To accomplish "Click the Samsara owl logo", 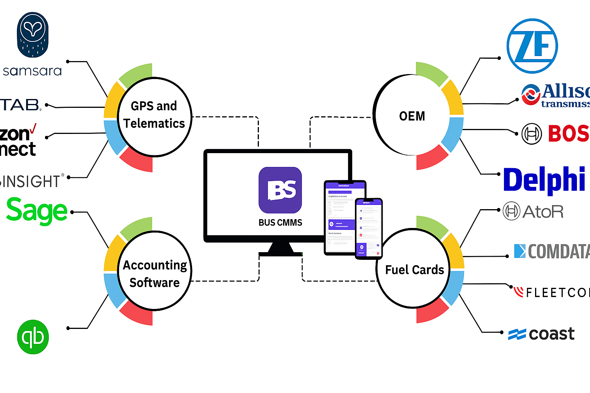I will click(x=33, y=35).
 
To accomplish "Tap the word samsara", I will click(x=32, y=71).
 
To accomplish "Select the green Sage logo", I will click(x=37, y=211).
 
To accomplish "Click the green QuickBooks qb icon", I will click(x=33, y=337).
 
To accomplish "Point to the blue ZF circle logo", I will click(x=532, y=46).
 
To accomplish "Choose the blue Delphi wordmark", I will click(x=544, y=179).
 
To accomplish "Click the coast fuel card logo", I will click(x=542, y=334).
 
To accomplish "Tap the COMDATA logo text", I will click(x=553, y=251).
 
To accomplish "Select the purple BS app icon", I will click(x=280, y=190).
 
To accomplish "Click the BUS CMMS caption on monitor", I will click(x=280, y=223).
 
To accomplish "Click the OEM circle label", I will click(x=412, y=116).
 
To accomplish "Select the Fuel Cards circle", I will click(x=414, y=269).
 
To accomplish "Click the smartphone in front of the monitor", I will click(x=368, y=228).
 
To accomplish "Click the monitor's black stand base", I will click(x=280, y=254).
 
